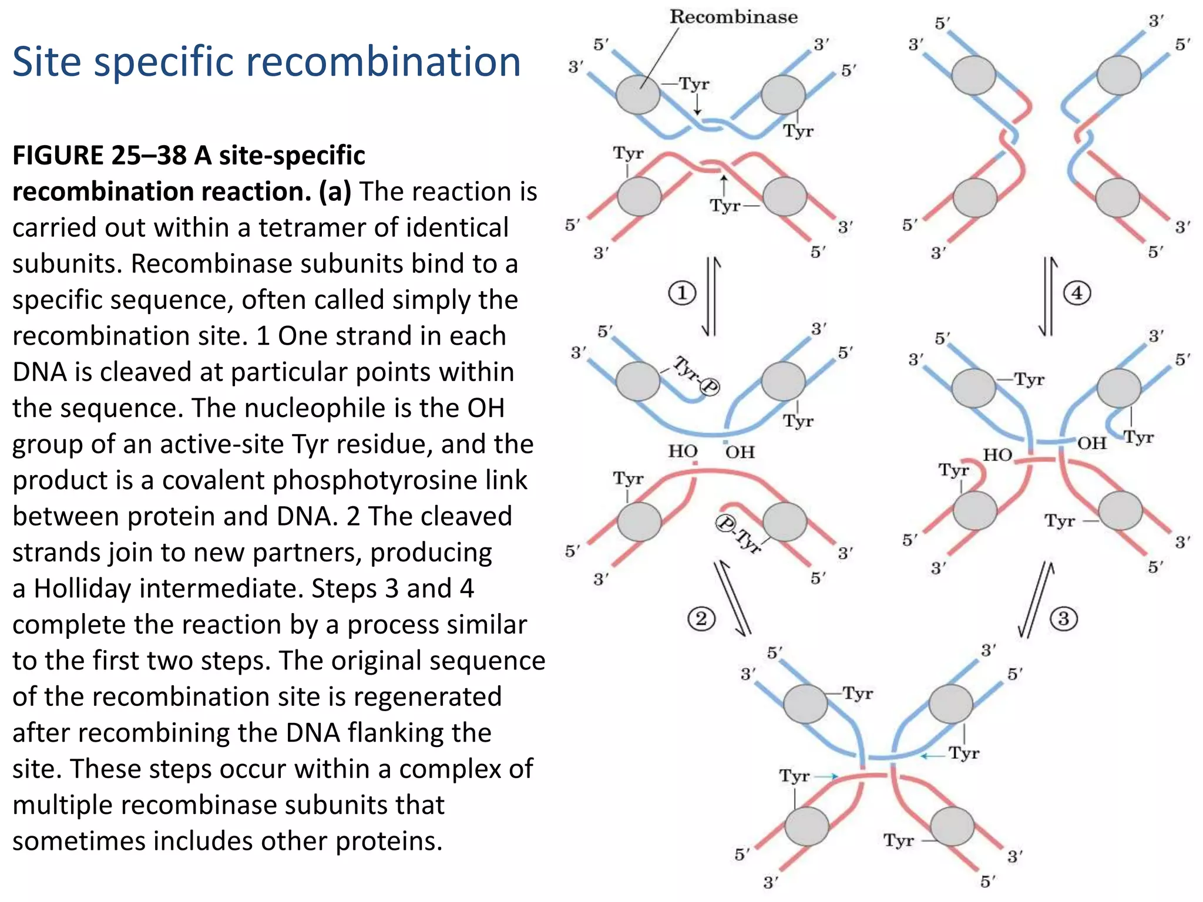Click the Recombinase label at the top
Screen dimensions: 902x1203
734,16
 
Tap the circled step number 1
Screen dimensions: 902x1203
682,292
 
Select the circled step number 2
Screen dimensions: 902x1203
701,618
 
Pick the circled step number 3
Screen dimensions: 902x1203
1063,618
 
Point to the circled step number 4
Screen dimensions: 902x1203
1077,292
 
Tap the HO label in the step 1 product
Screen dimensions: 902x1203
683,451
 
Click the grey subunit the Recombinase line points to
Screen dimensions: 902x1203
638,95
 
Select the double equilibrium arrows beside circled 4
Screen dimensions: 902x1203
1049,296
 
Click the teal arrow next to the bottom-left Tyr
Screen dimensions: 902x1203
826,776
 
